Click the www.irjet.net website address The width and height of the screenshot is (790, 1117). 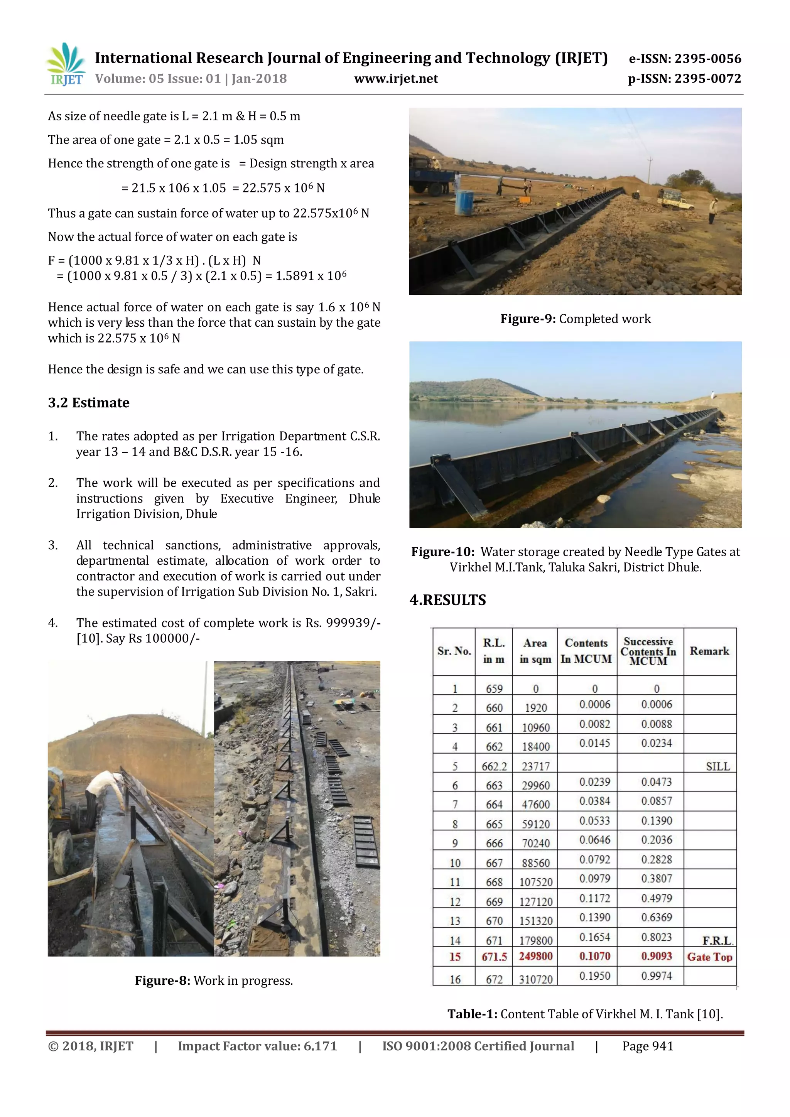[396, 79]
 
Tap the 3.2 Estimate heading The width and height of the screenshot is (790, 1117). [89, 403]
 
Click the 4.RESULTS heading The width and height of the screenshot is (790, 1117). [447, 600]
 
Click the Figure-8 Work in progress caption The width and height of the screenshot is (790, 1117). [214, 981]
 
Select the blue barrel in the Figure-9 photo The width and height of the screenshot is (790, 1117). [464, 202]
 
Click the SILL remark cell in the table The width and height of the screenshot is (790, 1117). [717, 767]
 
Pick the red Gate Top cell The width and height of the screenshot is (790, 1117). [709, 957]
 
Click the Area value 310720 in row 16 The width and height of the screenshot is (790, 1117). [535, 979]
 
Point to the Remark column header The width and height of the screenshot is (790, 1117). [709, 651]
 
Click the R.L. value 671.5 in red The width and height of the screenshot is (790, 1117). [494, 957]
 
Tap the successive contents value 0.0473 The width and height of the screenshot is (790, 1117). [656, 782]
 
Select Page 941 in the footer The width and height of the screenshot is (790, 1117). [648, 1046]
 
